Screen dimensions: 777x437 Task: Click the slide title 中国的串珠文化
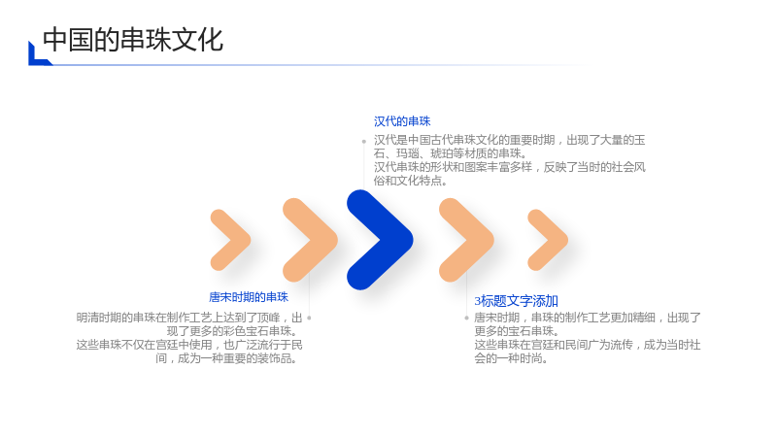[133, 40]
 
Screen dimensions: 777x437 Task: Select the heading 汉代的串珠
[402, 121]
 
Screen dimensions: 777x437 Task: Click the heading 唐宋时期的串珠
[249, 297]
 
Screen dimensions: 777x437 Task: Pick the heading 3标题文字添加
[516, 301]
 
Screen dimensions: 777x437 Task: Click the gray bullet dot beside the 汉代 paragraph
[363, 141]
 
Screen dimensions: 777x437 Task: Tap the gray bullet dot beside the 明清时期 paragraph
[309, 318]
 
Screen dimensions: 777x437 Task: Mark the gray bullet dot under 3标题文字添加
[466, 318]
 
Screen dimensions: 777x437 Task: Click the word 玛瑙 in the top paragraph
[407, 153]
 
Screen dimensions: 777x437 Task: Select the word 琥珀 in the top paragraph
[442, 153]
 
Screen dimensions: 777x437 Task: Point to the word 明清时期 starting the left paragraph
[99, 318]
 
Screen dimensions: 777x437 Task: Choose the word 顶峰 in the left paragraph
[269, 318]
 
